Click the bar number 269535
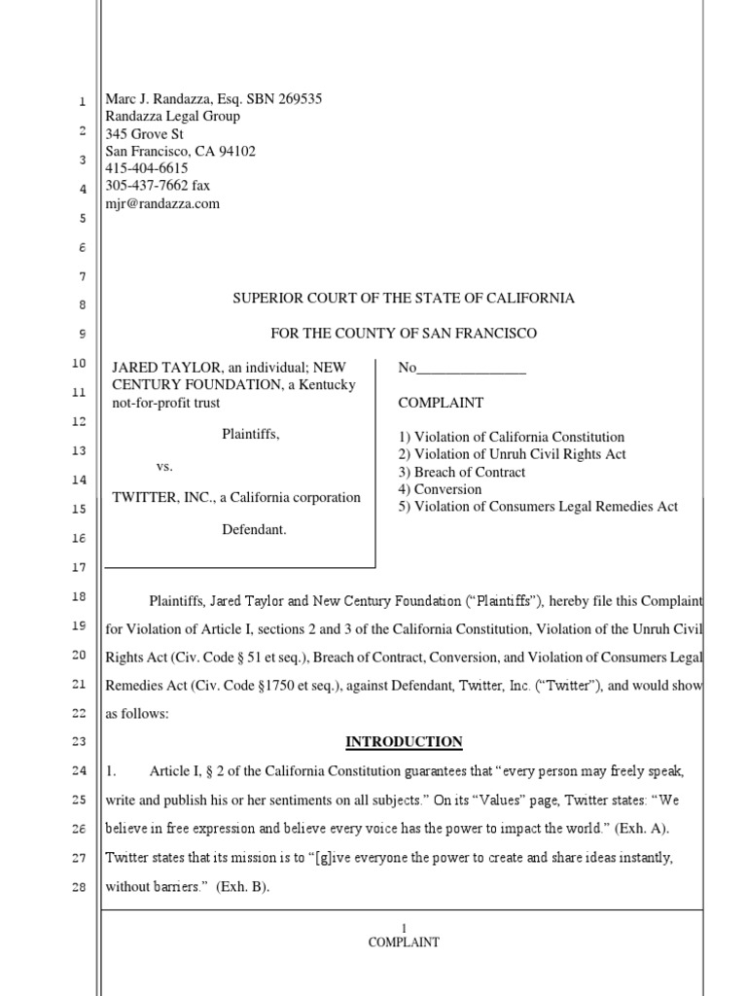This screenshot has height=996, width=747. pos(294,99)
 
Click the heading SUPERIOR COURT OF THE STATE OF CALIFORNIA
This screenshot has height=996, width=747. pos(403,299)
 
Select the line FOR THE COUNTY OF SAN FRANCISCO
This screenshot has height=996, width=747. pos(403,334)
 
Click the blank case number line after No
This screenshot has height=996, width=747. pos(471,369)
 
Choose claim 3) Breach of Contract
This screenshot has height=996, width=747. pos(461,473)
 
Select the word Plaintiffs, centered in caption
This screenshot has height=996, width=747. pos(251,435)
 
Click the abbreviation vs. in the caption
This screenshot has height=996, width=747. pos(164,467)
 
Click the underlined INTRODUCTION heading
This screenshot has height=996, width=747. pos(404,742)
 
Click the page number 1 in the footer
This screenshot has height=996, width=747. pos(404,929)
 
